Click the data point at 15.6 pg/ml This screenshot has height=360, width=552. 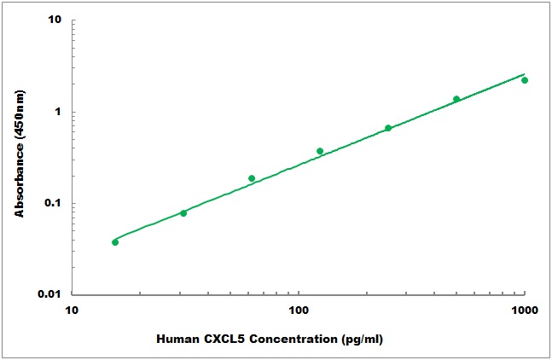coord(115,242)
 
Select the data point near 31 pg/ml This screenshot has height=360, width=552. coord(183,212)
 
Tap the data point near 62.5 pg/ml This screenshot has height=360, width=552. coord(252,178)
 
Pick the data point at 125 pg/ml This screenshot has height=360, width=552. coord(320,151)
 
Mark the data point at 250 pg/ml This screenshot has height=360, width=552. coord(388,128)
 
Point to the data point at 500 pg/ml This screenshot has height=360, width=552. coord(456,99)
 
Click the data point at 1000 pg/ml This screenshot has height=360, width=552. coord(525,80)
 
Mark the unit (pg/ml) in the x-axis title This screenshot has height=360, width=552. coord(357,340)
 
